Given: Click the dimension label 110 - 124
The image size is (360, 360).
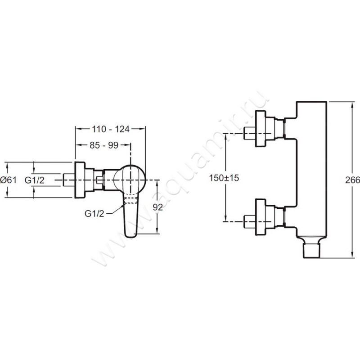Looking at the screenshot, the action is [x=111, y=129].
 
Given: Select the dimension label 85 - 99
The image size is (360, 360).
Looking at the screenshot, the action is [x=104, y=145].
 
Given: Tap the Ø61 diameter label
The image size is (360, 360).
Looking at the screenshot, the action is [x=9, y=180].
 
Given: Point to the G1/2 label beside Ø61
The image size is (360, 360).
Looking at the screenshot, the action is [x=35, y=180].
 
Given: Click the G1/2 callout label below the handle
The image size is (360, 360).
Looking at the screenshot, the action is [x=94, y=214].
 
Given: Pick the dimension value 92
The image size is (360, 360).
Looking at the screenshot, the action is [x=158, y=207].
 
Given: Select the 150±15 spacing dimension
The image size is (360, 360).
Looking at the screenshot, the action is [x=224, y=178].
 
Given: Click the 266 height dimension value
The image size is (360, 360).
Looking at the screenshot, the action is [x=352, y=180].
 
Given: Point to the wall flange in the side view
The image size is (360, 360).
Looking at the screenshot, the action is [x=80, y=180].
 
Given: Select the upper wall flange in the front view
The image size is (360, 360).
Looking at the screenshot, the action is [x=261, y=128].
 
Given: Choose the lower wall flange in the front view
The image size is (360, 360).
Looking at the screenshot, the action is [x=261, y=217].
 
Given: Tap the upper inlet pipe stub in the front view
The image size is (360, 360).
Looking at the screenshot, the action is [x=250, y=133].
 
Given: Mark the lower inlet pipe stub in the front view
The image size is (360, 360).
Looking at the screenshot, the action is [x=250, y=222].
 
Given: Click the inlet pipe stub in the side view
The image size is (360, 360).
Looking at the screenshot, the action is [x=69, y=180].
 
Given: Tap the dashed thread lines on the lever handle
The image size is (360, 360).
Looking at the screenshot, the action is [x=131, y=200].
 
